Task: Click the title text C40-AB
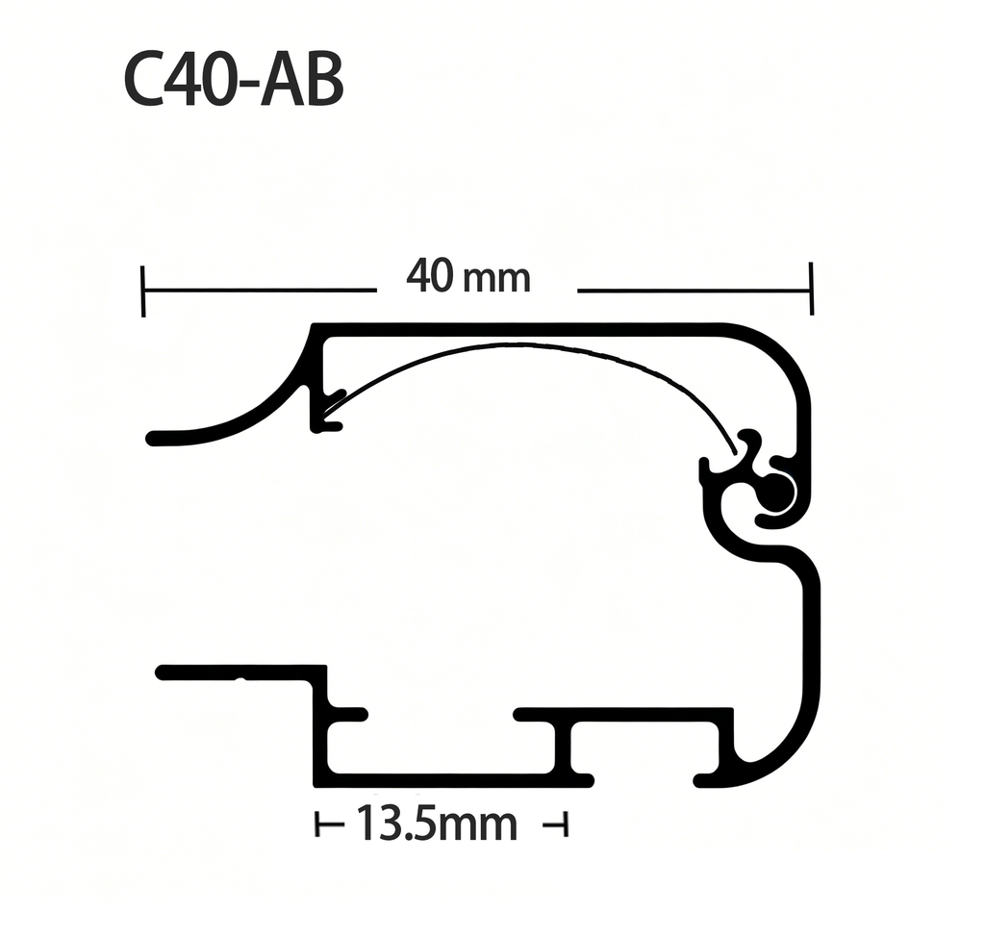(234, 81)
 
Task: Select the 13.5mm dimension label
(437, 824)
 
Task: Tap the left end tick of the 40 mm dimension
(144, 291)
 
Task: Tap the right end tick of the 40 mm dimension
(812, 289)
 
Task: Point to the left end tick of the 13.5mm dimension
(317, 824)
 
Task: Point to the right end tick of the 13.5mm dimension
(565, 824)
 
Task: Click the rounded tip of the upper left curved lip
(152, 438)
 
